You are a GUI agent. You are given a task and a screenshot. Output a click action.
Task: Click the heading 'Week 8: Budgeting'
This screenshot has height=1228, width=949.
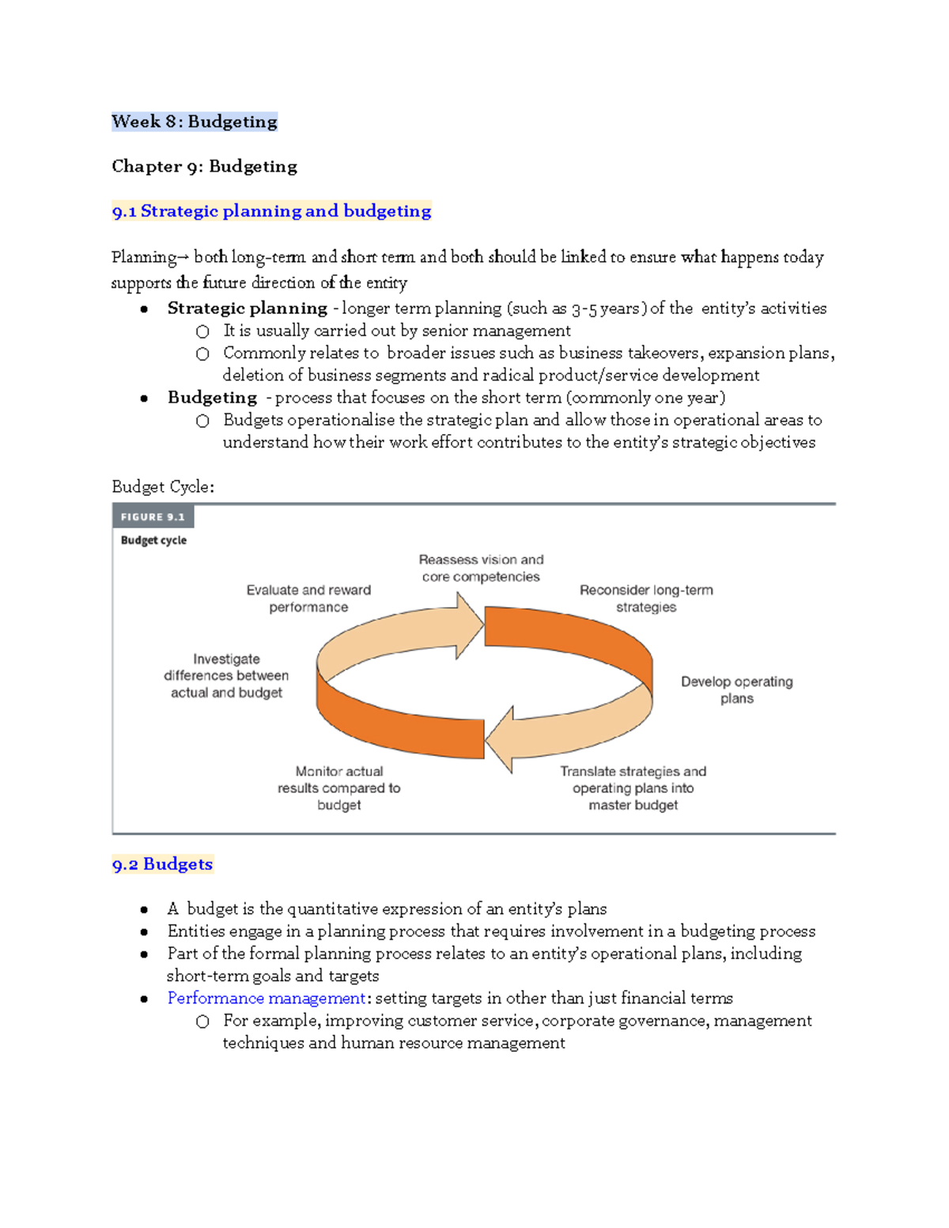tap(195, 122)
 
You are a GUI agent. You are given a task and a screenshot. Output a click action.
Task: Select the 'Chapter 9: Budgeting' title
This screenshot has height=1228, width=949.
tap(204, 166)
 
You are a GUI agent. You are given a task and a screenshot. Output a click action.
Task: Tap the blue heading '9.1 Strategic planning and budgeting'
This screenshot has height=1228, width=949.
tap(271, 211)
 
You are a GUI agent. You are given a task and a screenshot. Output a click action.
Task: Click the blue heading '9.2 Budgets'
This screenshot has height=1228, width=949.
tap(162, 864)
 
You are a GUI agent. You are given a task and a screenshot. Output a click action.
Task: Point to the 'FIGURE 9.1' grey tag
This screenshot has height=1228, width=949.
tap(153, 517)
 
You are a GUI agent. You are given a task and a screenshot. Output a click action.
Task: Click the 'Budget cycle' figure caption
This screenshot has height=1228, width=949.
tap(153, 540)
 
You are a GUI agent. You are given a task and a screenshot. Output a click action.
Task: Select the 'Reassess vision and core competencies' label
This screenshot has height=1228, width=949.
tap(481, 569)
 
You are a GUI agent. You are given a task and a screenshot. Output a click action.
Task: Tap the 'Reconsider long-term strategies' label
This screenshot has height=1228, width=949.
tap(646, 599)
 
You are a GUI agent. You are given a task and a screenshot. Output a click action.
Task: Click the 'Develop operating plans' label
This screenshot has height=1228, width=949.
tap(736, 690)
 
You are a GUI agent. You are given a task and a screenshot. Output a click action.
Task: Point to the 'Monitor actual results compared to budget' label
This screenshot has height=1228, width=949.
tap(338, 788)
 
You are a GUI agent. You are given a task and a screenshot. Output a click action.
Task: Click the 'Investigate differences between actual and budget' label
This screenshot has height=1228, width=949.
tap(226, 675)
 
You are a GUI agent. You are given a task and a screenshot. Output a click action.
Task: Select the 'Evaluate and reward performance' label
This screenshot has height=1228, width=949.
tap(308, 599)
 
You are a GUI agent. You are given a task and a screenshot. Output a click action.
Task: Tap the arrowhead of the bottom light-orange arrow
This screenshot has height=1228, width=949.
tap(500, 739)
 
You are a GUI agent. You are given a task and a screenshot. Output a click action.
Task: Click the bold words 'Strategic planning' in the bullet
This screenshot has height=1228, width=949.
tap(247, 308)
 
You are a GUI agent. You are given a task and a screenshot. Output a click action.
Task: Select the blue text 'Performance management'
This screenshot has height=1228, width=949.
tap(266, 998)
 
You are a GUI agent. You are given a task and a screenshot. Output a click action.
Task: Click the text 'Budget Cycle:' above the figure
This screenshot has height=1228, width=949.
tap(163, 487)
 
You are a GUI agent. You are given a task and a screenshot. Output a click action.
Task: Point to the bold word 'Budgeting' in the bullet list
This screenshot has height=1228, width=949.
tap(212, 398)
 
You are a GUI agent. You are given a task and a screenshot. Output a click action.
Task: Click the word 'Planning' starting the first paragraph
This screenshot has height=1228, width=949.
tap(144, 257)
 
